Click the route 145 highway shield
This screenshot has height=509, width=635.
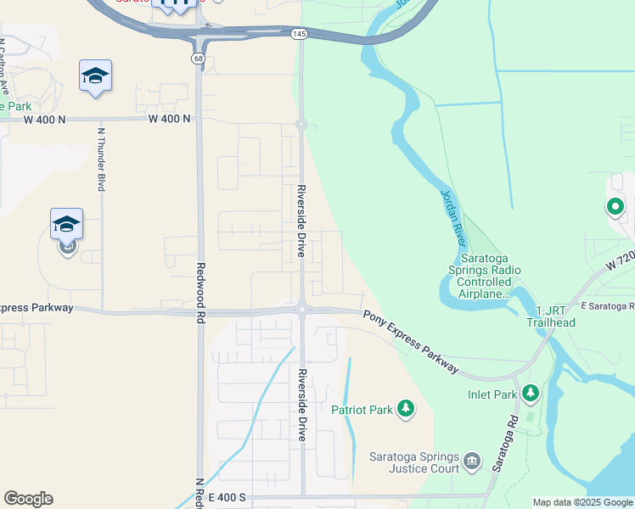(x=299, y=33)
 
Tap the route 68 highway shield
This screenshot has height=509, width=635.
(x=198, y=59)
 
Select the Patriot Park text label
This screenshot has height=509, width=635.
(x=368, y=410)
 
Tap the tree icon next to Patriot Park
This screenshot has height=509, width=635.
(x=407, y=410)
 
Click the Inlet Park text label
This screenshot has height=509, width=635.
(x=492, y=394)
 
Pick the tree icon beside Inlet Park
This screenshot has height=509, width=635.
(x=531, y=393)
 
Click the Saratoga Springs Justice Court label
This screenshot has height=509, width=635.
(x=413, y=462)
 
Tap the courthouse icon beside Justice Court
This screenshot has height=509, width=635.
(x=472, y=462)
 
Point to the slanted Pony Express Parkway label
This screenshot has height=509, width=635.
(x=412, y=342)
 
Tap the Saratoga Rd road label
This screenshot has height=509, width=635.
(x=505, y=444)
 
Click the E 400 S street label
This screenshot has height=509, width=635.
(x=225, y=497)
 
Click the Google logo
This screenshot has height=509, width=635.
(x=28, y=499)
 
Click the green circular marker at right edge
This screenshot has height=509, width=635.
(x=615, y=206)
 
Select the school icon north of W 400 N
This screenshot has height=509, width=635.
(x=95, y=77)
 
